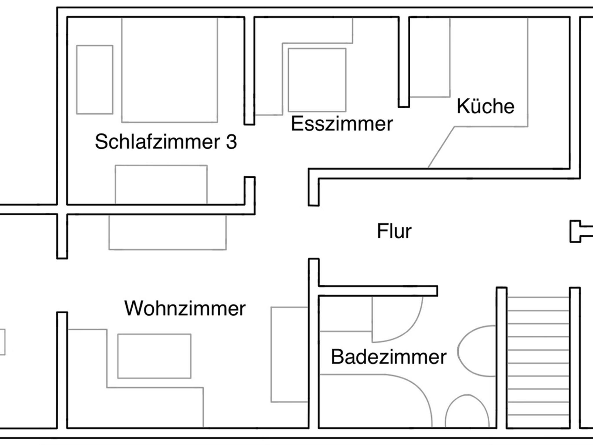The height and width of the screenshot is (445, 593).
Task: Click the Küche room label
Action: click(486, 106)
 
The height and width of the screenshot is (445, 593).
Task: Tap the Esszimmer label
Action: click(342, 124)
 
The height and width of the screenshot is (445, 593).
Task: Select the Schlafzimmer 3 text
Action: click(166, 142)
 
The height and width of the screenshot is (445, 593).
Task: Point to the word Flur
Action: click(394, 231)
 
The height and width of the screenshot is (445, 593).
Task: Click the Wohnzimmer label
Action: click(185, 308)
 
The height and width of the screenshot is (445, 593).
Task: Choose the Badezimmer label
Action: click(389, 357)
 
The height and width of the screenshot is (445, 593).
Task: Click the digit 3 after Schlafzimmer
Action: click(231, 142)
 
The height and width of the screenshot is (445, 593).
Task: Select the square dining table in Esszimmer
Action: click(317, 80)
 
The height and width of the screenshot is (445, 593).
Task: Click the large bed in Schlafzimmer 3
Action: click(169, 69)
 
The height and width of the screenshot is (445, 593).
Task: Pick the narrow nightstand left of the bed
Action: click(95, 80)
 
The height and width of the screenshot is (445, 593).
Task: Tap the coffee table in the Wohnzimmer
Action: click(154, 356)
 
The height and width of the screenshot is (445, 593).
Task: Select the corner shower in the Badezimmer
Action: click(374, 402)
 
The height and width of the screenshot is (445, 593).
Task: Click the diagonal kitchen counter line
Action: click(441, 147)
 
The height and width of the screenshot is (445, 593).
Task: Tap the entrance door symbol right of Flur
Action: click(578, 231)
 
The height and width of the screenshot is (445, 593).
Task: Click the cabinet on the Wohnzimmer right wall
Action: click(289, 354)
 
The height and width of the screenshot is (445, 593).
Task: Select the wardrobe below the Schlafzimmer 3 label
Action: click(161, 185)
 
